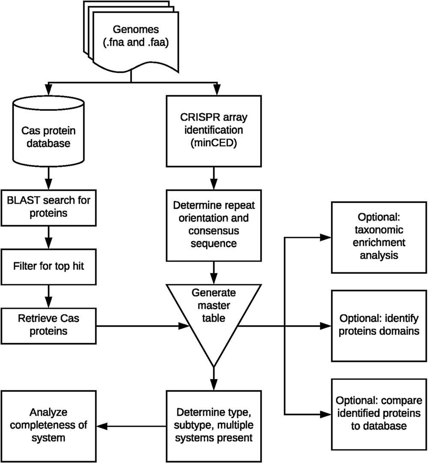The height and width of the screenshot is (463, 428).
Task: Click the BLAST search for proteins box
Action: (x=48, y=207)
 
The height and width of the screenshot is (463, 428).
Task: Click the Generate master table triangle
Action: (x=214, y=317)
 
